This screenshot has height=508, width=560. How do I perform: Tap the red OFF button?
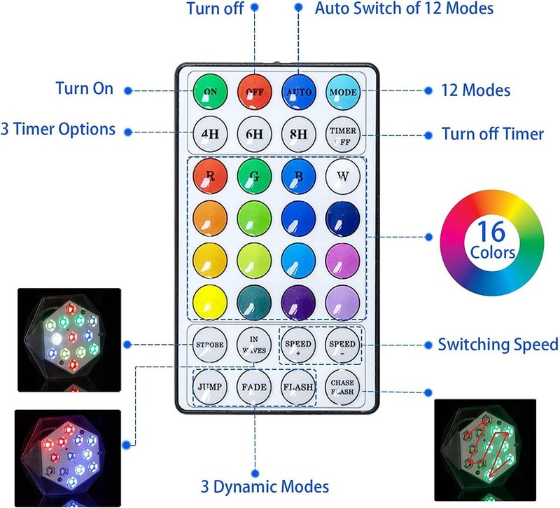[x=254, y=92]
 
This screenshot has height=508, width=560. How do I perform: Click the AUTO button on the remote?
[x=299, y=92]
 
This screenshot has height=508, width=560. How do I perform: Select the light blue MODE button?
[x=343, y=92]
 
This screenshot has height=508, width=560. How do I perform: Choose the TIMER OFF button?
[x=343, y=135]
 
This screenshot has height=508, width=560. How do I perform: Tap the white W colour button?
[x=343, y=177]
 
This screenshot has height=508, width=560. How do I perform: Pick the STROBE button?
[x=210, y=345]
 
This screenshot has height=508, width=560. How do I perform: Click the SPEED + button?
[x=299, y=345]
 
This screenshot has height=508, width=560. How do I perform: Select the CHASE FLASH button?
[x=342, y=387]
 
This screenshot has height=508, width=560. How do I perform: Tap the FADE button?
[x=254, y=387]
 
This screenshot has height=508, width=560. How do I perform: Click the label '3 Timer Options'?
[x=58, y=130]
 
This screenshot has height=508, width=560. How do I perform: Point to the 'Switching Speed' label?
[x=498, y=345]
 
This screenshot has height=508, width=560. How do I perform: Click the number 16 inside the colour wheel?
[x=491, y=231]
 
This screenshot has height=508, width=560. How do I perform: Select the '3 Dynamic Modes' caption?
[x=265, y=486]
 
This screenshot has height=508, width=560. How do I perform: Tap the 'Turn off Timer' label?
[x=493, y=134]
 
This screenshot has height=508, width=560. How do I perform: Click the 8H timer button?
[x=299, y=134]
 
